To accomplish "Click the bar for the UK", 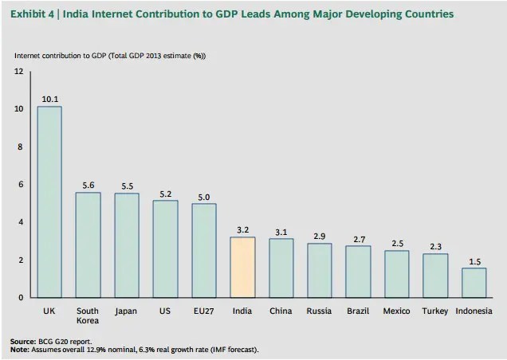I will click(49, 202).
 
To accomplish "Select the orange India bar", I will click(242, 267).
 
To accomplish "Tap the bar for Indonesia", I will click(474, 283).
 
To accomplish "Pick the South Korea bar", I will click(88, 245).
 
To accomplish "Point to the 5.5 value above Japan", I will click(126, 186).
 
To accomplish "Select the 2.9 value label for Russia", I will click(319, 237).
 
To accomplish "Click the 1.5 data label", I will click(474, 262).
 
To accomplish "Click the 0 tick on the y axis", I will click(21, 298).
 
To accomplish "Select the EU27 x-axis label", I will click(203, 311).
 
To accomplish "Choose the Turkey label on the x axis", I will click(435, 311).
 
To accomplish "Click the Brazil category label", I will click(358, 311).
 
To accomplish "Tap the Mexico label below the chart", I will click(396, 311).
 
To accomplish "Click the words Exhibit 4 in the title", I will click(30, 14).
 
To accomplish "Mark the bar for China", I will click(281, 268).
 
